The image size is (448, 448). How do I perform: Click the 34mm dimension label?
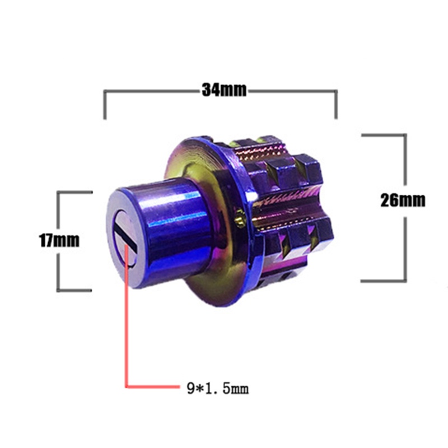click(x=224, y=90)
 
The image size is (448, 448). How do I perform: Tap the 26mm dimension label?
click(x=403, y=200)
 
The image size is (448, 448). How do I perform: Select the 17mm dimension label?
click(x=59, y=240)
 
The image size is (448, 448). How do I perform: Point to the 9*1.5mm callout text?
click(x=218, y=388)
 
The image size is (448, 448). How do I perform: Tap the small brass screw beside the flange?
click(x=240, y=218)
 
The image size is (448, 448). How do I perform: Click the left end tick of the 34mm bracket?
click(x=105, y=105)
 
